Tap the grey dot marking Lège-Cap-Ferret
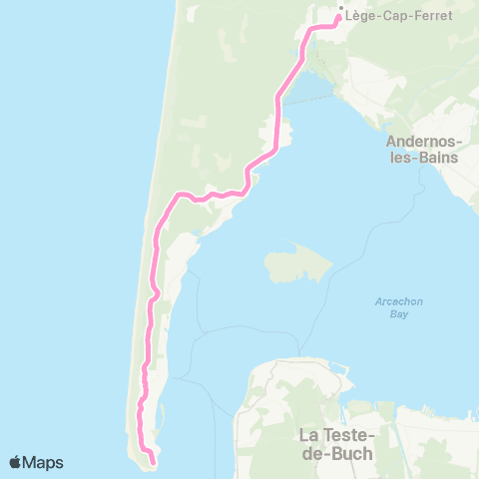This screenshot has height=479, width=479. (340, 10)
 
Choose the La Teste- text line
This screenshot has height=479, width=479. (335, 435)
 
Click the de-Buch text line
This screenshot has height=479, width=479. (335, 453)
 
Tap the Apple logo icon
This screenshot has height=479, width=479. (17, 462)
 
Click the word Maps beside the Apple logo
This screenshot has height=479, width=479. (45, 462)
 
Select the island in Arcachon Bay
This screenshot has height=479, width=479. (297, 263)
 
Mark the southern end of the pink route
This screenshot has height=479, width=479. (153, 462)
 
